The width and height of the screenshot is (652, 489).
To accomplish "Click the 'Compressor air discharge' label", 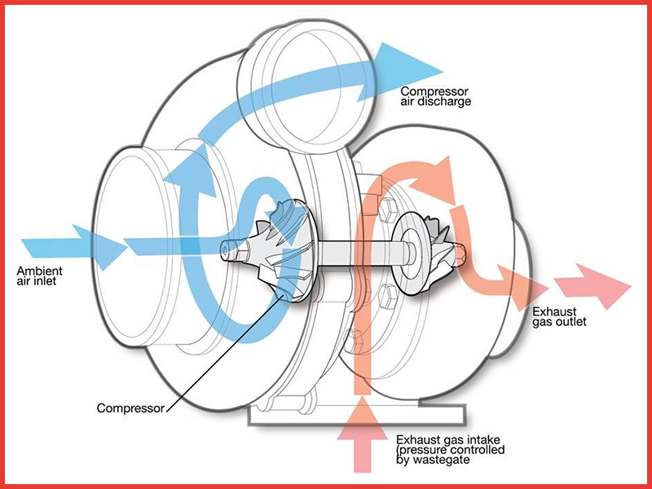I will click(435, 96).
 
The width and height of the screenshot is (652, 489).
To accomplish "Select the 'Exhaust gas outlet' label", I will click(558, 317).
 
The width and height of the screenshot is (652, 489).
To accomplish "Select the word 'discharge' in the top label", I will click(447, 102).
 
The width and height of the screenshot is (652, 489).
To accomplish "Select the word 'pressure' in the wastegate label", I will click(422, 450).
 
